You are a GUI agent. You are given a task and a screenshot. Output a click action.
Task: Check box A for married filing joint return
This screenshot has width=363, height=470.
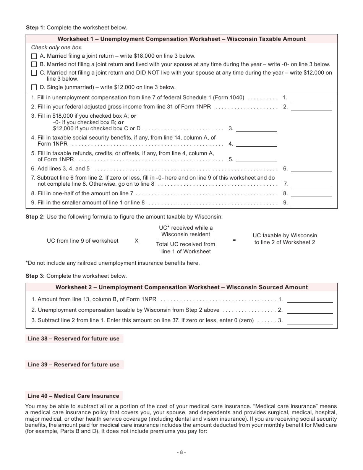point(34,56)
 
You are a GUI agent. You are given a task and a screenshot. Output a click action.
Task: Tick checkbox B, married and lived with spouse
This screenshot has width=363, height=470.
point(34,65)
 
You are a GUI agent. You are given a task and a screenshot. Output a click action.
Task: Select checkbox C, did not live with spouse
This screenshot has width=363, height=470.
point(34,73)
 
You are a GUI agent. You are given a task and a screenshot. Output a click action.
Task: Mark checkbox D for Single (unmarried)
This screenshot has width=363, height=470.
point(34,87)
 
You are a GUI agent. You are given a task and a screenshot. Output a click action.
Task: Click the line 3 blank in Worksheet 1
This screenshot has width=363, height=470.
point(256,128)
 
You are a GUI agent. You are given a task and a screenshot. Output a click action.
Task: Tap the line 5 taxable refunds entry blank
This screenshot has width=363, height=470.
point(256,159)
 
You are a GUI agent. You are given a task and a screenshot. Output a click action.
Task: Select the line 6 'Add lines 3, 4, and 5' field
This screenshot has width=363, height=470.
point(311,169)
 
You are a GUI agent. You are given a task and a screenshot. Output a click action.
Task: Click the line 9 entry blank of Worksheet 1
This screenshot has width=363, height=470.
point(311,203)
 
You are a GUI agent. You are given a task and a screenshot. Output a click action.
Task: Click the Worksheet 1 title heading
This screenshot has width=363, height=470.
point(181,39)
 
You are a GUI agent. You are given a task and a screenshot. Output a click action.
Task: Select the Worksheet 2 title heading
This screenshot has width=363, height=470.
point(181,287)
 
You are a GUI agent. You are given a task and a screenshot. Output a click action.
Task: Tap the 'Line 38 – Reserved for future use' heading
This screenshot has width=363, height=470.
point(74,339)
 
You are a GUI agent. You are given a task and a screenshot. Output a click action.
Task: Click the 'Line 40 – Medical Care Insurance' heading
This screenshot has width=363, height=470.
point(73,396)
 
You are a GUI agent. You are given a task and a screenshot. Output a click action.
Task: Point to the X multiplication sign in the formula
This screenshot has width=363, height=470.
point(136,241)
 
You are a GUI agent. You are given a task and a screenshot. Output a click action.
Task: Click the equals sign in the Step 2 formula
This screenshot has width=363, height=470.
point(234,240)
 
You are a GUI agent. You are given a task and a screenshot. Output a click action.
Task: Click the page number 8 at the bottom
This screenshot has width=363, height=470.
point(181,452)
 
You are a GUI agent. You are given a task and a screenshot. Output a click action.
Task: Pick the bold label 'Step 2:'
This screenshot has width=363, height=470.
point(35,217)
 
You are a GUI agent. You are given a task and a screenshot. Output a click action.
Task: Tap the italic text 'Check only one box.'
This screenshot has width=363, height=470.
point(57,48)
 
